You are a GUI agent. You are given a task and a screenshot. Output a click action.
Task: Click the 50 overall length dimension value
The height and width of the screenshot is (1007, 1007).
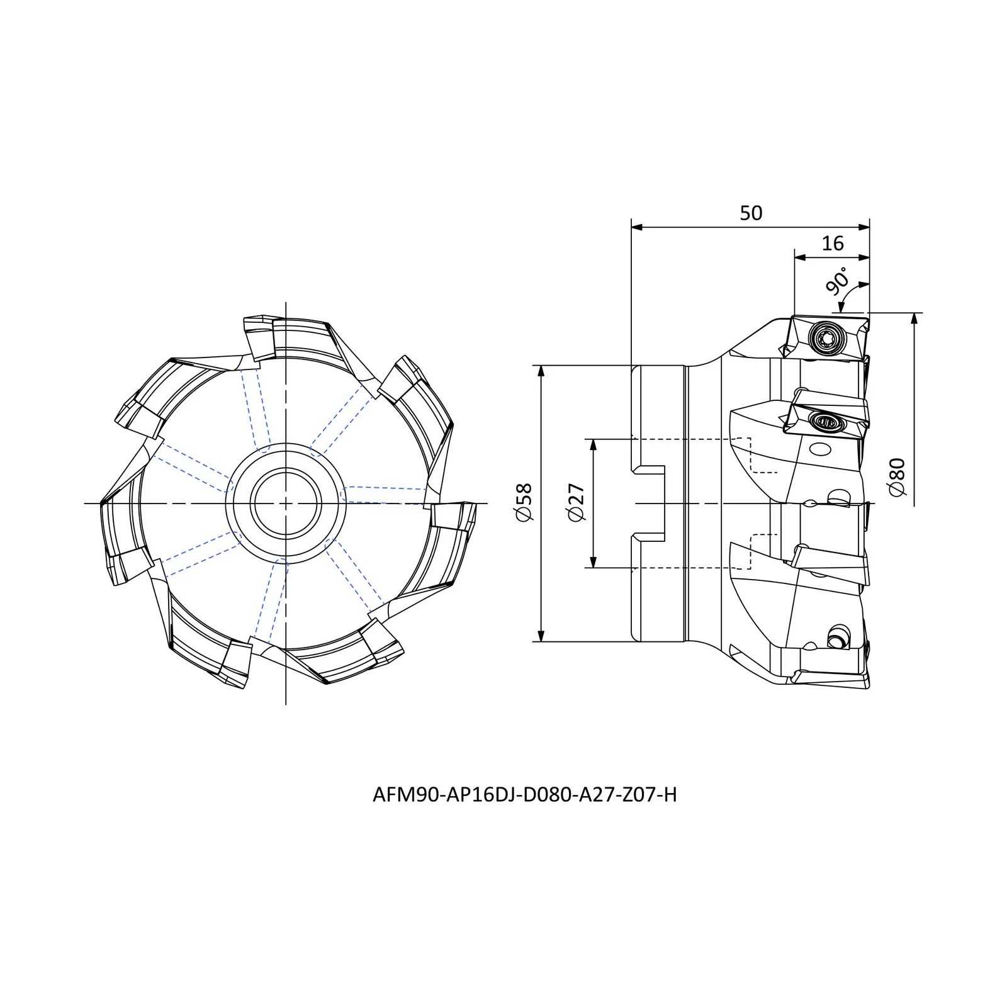coord(751,213)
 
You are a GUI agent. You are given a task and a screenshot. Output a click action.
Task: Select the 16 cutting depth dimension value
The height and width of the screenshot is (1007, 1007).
coord(832,244)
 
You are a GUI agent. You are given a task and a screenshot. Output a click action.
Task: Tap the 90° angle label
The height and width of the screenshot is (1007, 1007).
coord(838,281)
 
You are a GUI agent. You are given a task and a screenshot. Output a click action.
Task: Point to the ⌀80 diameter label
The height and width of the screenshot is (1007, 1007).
coord(897,476)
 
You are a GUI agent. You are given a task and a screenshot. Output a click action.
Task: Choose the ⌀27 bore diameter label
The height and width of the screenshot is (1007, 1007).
coord(577,503)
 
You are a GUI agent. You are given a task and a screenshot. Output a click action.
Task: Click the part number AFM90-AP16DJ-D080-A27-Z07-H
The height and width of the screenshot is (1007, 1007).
coord(524,795)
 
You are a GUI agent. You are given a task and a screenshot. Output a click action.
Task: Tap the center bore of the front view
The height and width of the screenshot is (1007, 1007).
coord(286,503)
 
